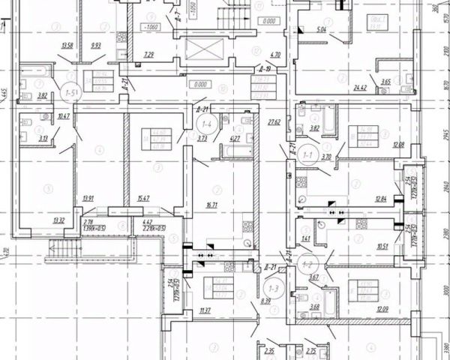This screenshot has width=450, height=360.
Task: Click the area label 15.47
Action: click(x=142, y=198)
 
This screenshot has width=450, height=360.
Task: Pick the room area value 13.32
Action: click(x=60, y=220)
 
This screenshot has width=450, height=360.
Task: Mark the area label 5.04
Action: click(x=321, y=30)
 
